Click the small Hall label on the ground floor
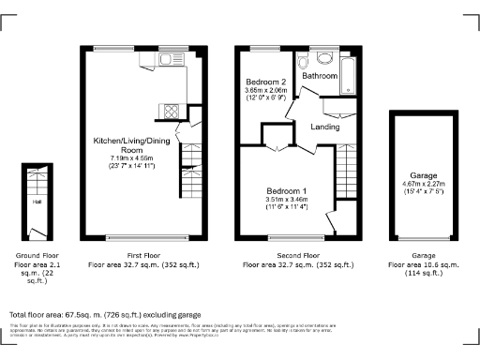pos(37,201)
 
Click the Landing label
pos(324,127)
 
